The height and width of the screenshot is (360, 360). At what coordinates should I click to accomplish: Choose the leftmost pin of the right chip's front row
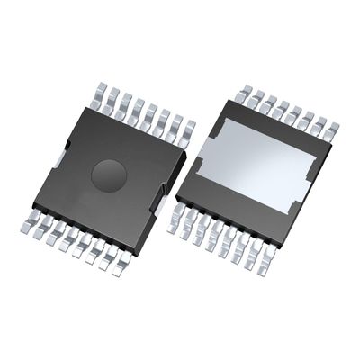click(x=175, y=221)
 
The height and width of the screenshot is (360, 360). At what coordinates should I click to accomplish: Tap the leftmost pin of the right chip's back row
click(x=246, y=90)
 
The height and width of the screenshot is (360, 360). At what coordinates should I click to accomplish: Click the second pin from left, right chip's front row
click(x=187, y=227)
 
